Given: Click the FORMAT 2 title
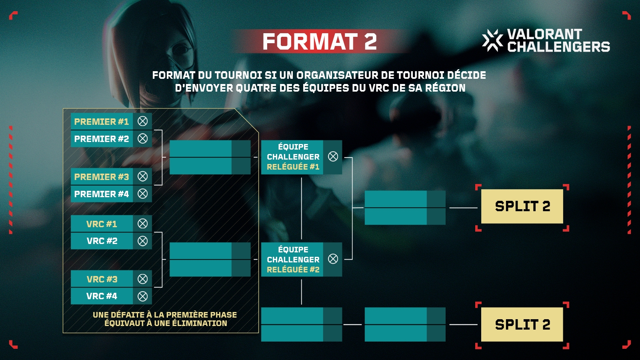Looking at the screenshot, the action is [x=320, y=42].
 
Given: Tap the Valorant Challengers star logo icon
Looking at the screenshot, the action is [x=492, y=40].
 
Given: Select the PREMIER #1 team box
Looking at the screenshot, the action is [x=111, y=122].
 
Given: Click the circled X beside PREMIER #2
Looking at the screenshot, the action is [x=142, y=138].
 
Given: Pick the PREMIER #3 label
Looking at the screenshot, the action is [x=102, y=177].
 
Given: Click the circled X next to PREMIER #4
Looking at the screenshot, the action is [x=142, y=194].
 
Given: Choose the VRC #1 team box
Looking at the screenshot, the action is [x=111, y=224].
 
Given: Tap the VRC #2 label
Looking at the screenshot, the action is [x=102, y=241].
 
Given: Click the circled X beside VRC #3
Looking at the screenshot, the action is [x=142, y=279].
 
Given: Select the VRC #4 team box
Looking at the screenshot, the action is [x=111, y=296].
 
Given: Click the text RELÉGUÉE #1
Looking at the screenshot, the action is [x=293, y=167].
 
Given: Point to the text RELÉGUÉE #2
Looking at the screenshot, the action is [x=293, y=270].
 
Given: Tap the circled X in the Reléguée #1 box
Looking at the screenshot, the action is [x=333, y=156].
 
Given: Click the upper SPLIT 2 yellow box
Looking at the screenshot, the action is [x=522, y=206].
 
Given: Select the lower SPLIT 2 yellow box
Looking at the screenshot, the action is [x=522, y=324].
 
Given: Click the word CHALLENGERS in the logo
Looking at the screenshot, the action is [x=558, y=47].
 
